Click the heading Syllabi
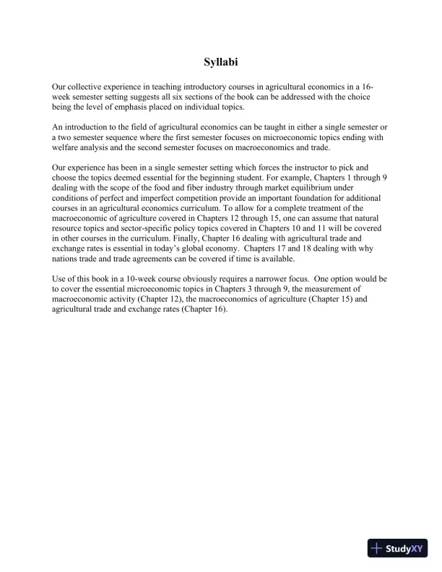[221, 62]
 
